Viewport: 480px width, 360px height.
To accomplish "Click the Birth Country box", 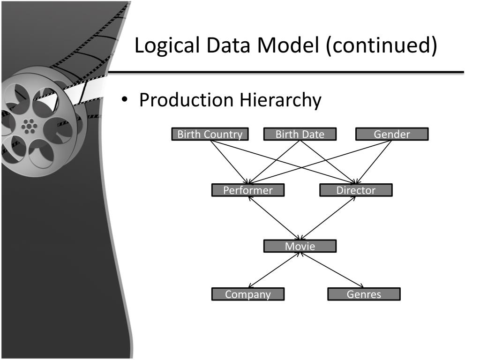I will coord(210,135).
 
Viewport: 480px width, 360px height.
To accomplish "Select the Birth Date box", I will coord(300,135).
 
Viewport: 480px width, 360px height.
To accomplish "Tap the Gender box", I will coord(392,135).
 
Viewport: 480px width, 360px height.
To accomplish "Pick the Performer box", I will coord(247,190).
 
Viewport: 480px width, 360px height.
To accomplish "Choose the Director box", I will coord(356,190).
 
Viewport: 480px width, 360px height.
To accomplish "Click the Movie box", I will coord(300,246).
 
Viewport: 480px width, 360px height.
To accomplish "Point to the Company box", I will coord(248,294).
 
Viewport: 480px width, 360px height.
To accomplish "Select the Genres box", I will coord(364,294).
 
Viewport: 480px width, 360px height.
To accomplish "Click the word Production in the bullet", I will coord(186,100).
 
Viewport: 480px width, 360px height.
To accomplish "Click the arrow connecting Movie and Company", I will coord(274,270).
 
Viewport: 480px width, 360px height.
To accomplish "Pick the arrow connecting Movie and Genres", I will coord(332,270).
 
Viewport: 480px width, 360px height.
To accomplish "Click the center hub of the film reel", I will coord(29,126).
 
